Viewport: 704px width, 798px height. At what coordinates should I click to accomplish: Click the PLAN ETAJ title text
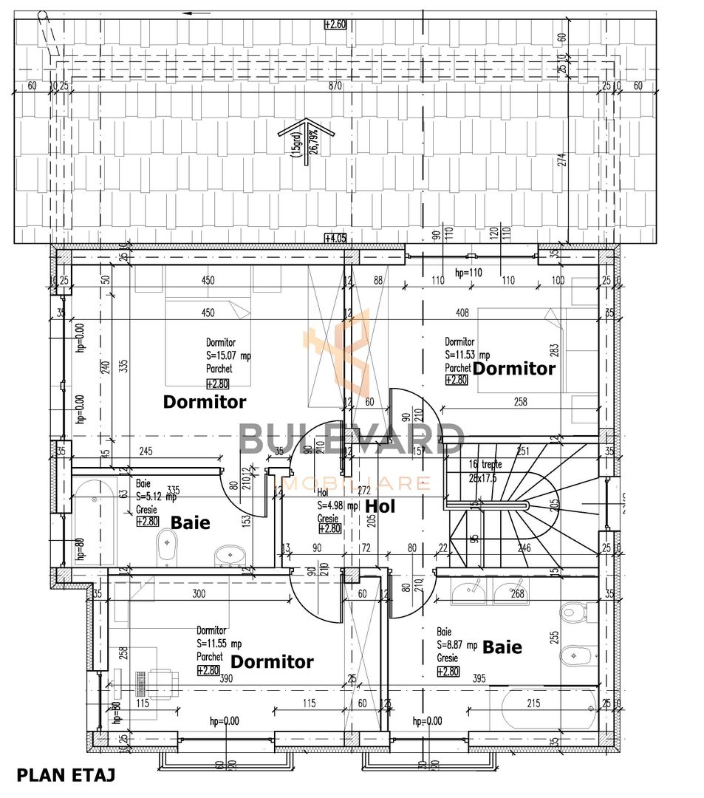pos(66,776)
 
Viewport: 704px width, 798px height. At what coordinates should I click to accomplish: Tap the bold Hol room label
pos(380,506)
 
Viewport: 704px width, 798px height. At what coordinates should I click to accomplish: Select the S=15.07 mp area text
pos(228,355)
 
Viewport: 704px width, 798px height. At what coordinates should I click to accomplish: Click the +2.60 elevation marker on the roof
pos(335,24)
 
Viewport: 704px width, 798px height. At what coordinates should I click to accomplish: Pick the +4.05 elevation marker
pos(335,238)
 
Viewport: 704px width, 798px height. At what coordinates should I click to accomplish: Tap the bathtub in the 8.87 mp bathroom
pos(548,709)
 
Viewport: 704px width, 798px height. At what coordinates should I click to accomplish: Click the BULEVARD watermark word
pos(352,439)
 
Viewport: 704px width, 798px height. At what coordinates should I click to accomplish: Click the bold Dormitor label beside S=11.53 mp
pos(514,368)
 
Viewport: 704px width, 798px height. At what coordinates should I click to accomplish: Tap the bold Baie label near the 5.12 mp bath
pos(191,522)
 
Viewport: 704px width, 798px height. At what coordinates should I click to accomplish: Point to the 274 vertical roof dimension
pos(561,160)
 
